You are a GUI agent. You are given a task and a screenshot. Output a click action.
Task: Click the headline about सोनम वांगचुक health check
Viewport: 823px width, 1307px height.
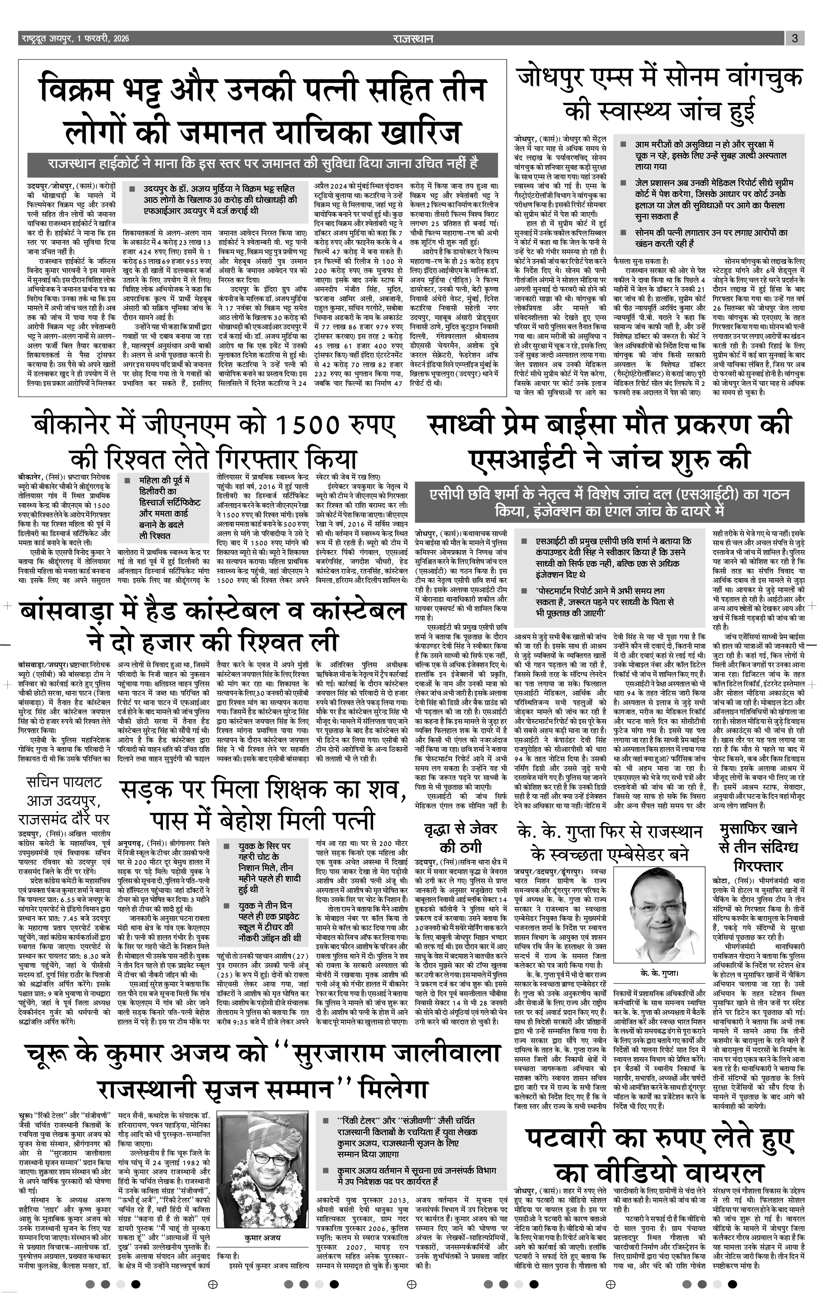point(660,95)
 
